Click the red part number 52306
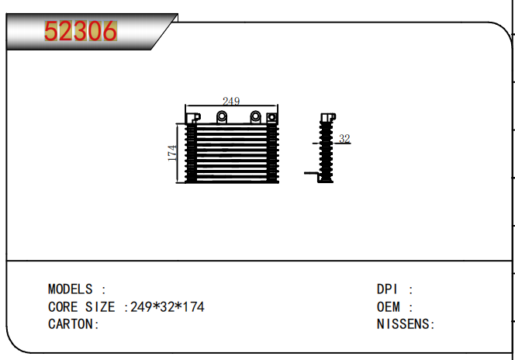[81, 31]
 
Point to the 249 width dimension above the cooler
[231, 101]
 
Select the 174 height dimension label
[172, 153]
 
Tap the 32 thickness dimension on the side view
[344, 139]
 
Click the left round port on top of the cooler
[222, 116]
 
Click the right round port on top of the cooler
[255, 116]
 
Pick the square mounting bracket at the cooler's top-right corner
[272, 117]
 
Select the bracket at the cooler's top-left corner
[193, 118]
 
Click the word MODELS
[71, 289]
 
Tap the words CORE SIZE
[81, 307]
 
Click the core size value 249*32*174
[168, 307]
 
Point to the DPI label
[387, 289]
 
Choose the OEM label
[389, 307]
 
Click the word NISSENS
[403, 324]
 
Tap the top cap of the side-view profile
[328, 117]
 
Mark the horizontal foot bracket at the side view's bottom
[311, 174]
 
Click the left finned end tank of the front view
[191, 153]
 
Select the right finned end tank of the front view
[272, 153]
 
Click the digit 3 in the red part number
[81, 31]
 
